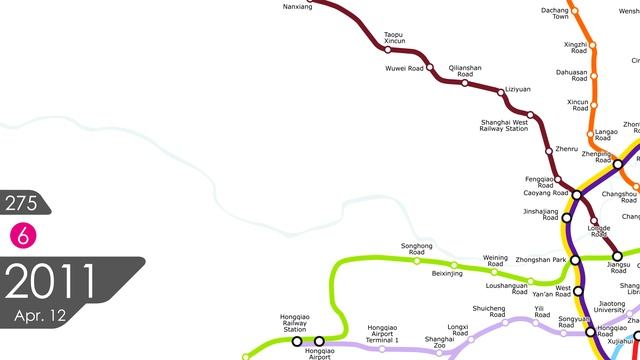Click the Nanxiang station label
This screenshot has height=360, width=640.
point(298,7)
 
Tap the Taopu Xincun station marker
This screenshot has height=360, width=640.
point(388,49)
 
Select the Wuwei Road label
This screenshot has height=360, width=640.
point(404,68)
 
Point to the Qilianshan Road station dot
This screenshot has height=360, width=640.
point(465,83)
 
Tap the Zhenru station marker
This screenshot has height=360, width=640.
point(548,150)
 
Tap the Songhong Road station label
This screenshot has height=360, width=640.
point(416,248)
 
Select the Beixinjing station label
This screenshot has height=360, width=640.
point(446,273)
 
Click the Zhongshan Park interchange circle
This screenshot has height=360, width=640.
point(547,260)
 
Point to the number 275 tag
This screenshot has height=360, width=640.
point(21,204)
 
